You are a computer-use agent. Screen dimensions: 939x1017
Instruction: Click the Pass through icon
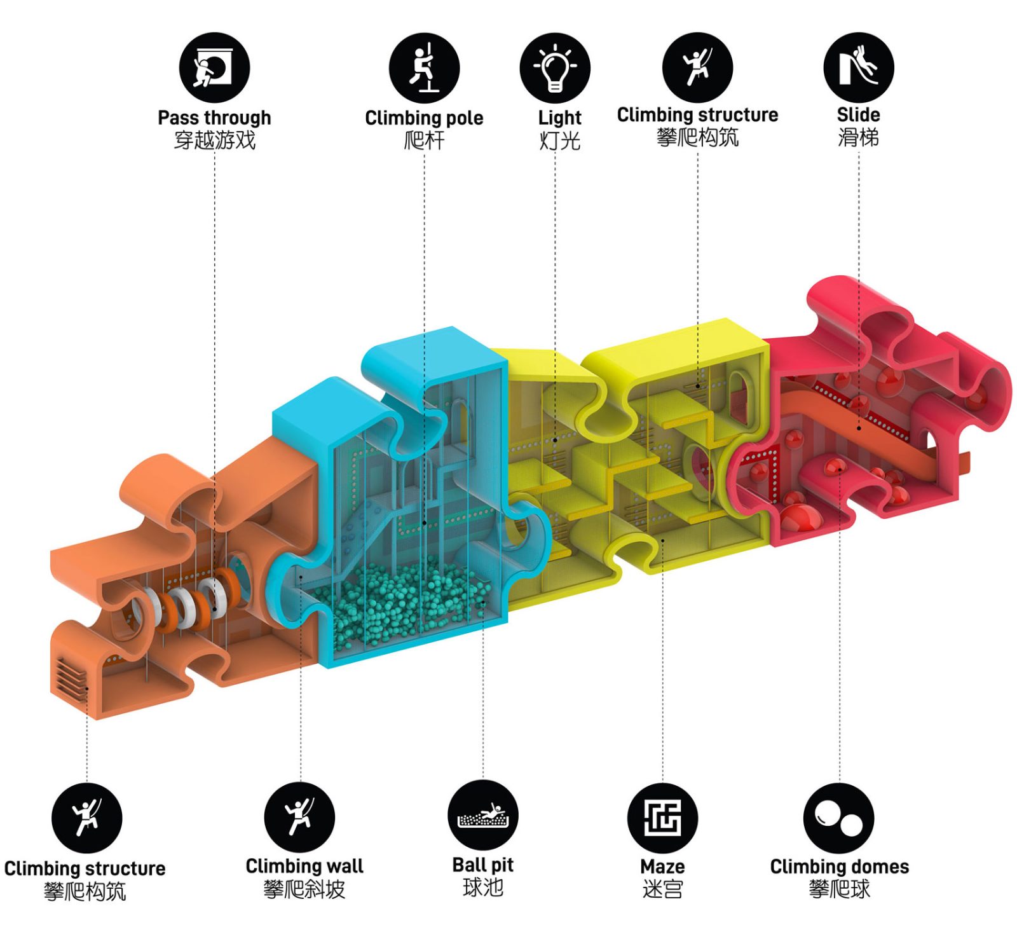coord(214,67)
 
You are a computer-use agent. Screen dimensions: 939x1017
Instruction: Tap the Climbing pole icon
coord(424,67)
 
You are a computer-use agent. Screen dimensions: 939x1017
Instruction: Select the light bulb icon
coord(555,67)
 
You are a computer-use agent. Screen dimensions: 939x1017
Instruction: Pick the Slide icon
coord(858,67)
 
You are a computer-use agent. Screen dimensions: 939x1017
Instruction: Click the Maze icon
coord(662,818)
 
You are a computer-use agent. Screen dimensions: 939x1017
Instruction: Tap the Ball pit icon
coord(483,816)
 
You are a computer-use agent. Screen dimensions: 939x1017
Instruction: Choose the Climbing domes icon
coord(839,818)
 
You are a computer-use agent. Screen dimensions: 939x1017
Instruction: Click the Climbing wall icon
coord(299,816)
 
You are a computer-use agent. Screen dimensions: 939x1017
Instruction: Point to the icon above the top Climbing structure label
coord(697,67)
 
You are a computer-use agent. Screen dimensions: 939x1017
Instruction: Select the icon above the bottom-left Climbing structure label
coord(86,818)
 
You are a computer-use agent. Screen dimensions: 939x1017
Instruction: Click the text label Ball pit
coord(483,865)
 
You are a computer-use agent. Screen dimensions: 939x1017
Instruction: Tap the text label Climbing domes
coord(839,867)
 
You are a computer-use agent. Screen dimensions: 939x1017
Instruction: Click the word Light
coord(559,118)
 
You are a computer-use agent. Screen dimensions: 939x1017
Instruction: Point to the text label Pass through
coord(214,118)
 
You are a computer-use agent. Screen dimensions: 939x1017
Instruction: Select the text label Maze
coord(662,867)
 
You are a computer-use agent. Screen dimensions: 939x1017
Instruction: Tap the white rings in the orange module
coord(184,604)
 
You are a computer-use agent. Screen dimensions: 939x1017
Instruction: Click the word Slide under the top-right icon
coord(858,115)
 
